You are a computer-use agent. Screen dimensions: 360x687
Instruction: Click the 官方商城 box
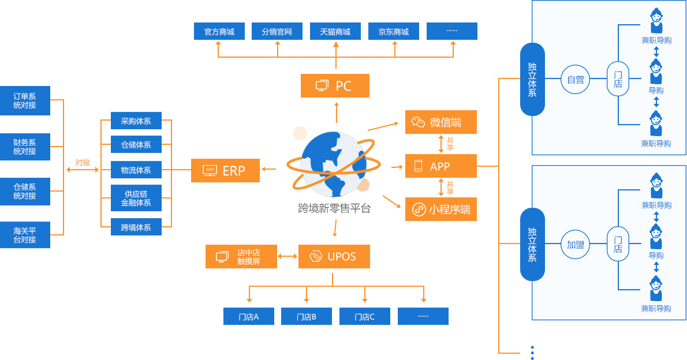(219, 32)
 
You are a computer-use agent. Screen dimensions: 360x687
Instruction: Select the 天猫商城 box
(335, 32)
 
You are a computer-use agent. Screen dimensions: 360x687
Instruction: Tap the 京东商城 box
(394, 32)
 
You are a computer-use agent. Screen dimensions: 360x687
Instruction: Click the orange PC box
(335, 86)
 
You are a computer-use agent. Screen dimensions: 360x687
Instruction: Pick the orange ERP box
(225, 170)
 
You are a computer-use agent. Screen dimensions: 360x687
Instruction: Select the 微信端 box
(441, 122)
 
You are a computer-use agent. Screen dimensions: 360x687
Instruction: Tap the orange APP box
(441, 166)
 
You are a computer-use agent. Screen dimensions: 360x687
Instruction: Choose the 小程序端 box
(441, 209)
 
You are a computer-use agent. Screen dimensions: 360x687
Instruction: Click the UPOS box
(334, 257)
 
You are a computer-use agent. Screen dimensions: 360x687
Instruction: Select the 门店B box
(307, 317)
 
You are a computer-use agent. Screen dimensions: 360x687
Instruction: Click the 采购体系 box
(136, 121)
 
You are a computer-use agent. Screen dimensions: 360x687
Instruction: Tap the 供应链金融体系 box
(136, 198)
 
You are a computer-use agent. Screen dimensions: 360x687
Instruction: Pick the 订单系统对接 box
(25, 101)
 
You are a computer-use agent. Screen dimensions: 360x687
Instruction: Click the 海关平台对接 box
(25, 235)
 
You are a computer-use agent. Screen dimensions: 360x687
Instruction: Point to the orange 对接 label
(83, 163)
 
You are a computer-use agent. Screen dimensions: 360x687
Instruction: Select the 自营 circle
(576, 80)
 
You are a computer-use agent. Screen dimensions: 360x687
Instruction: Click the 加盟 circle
(576, 245)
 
